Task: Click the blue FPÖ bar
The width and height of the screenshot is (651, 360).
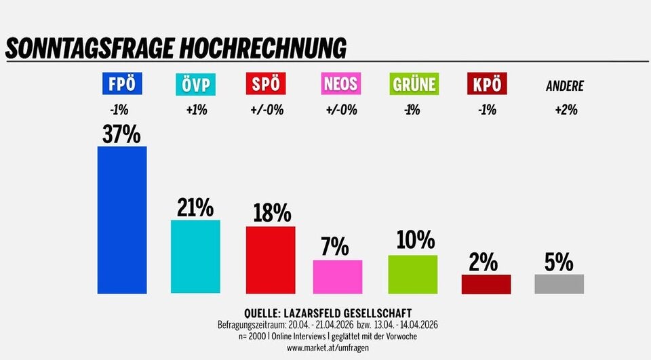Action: tap(122, 220)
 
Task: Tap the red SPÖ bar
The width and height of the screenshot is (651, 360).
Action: tap(270, 260)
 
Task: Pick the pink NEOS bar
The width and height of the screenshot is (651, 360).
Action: tap(337, 277)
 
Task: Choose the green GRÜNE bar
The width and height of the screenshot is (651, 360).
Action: tap(412, 274)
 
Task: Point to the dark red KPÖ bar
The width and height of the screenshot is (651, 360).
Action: tap(486, 284)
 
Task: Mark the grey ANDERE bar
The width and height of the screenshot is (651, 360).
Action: tap(559, 284)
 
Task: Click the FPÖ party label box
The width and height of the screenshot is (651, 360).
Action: tap(122, 85)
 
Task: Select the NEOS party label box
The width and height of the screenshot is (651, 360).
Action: tap(340, 85)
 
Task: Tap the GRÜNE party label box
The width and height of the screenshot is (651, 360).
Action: tap(413, 85)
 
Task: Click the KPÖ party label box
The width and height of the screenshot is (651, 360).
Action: tap(486, 85)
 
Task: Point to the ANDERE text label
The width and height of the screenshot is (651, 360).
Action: tap(564, 86)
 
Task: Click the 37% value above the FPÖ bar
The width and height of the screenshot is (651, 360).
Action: tap(122, 134)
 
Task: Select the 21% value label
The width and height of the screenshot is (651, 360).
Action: tap(195, 208)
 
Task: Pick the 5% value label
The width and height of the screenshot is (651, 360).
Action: tap(559, 262)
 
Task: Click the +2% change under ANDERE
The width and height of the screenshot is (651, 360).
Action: tap(565, 110)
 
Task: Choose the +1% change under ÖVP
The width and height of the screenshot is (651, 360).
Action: tap(196, 110)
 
